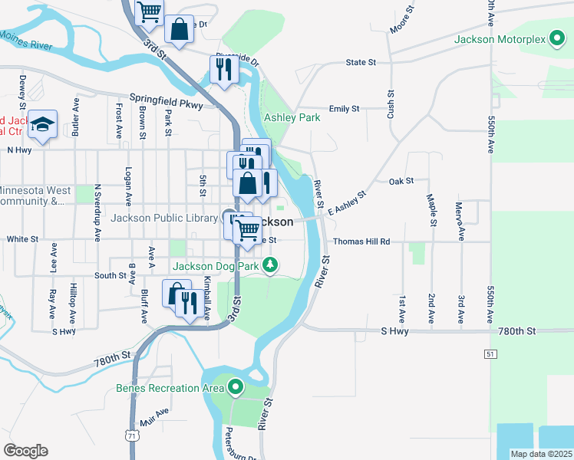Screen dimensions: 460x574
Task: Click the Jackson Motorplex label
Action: coord(500,38)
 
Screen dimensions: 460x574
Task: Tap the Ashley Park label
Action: coord(292,118)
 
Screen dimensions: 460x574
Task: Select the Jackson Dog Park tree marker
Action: coord(269,266)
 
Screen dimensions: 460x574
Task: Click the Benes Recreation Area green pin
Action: coord(236,388)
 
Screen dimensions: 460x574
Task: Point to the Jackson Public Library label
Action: coord(164,219)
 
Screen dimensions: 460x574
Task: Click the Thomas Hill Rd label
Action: coord(362,242)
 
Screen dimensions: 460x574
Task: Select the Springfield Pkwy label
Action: coord(165,98)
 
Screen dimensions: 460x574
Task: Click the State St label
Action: coord(361,62)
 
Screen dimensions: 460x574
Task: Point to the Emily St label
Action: coord(344,109)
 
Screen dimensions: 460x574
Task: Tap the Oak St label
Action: coord(401,181)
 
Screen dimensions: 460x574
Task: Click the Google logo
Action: coord(25,451)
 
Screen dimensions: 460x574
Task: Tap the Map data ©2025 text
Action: coord(542,454)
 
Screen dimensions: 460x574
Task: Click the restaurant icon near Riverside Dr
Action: coord(224,70)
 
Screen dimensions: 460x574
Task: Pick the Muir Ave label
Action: coord(155,417)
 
